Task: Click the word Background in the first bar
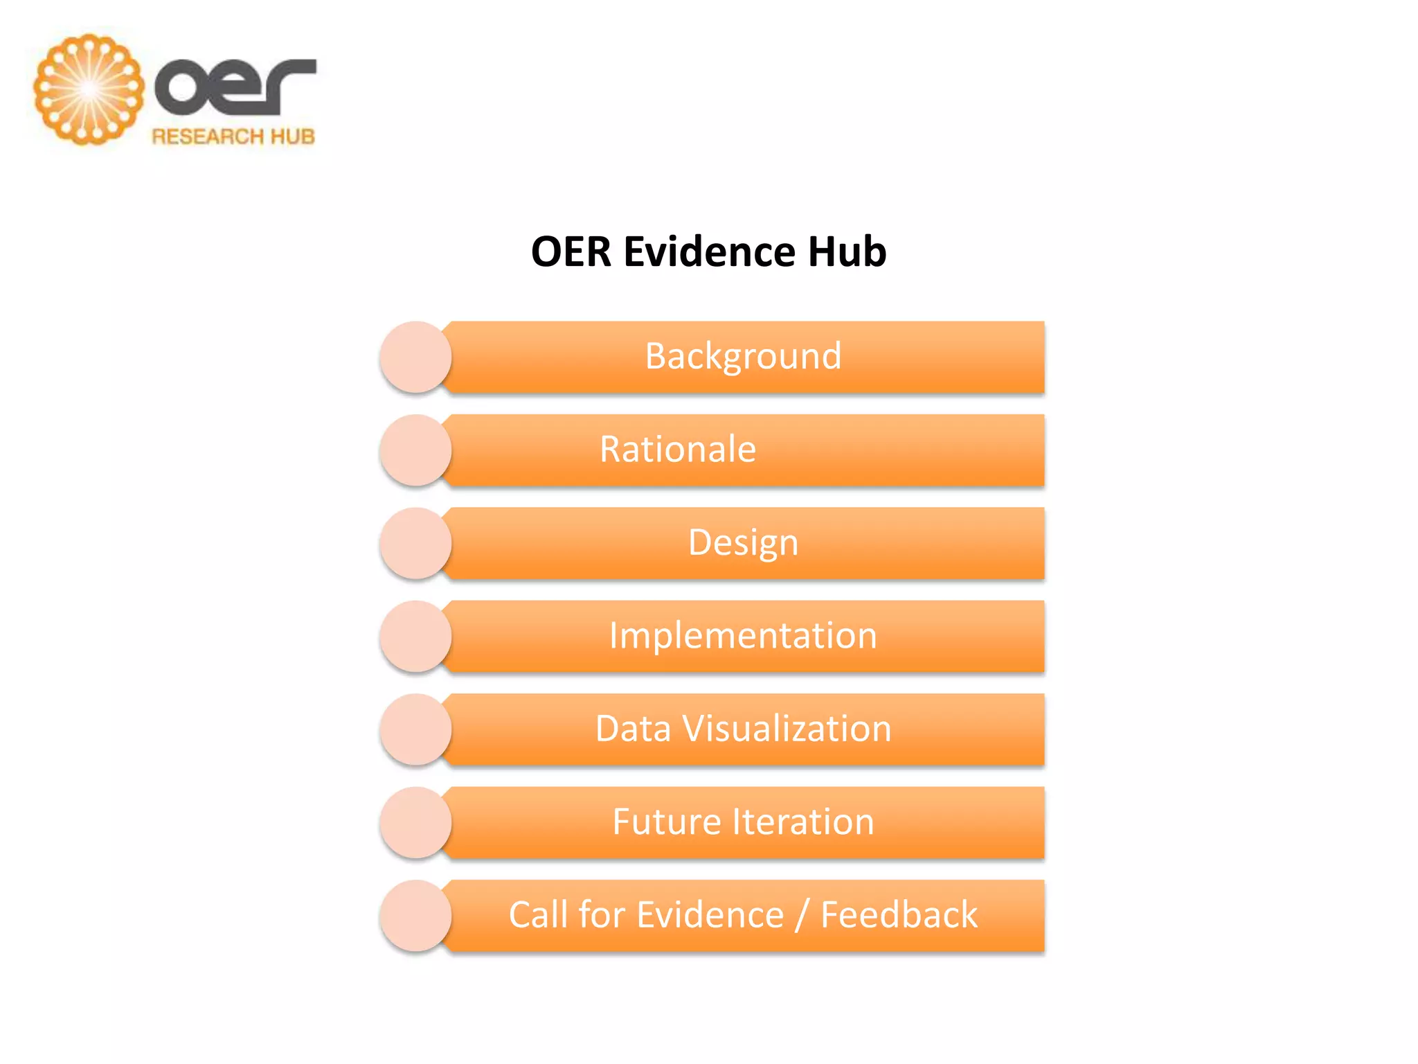(x=743, y=356)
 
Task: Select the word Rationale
(x=677, y=449)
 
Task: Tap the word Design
(x=743, y=542)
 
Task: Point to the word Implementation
(x=743, y=635)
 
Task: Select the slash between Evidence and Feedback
(x=802, y=916)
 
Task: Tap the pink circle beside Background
(x=415, y=357)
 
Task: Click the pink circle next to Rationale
(x=415, y=450)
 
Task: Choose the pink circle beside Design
(x=415, y=543)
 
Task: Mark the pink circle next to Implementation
(x=415, y=636)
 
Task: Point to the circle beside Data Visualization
(x=415, y=729)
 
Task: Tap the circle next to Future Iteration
(x=415, y=822)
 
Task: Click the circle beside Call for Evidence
(x=415, y=915)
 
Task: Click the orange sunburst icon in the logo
(x=89, y=89)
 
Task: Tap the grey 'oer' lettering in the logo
(x=235, y=87)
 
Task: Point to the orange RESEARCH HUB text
(x=233, y=136)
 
